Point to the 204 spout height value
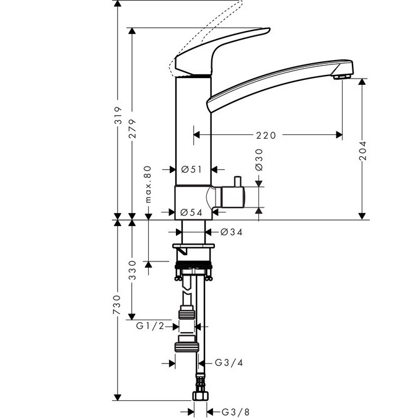coord(364,149)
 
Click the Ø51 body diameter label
coord(192,168)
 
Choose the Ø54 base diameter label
coord(192,212)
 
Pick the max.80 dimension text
coord(149,183)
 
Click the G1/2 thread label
coord(150,326)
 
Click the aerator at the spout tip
coord(340,76)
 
